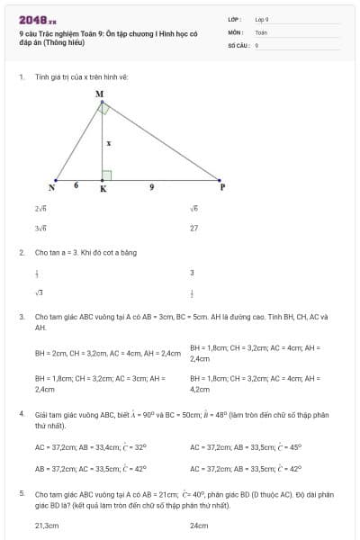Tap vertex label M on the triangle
[x=99, y=94]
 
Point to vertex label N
[x=51, y=188]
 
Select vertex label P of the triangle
[x=222, y=187]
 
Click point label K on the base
[x=103, y=189]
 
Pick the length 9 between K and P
[x=152, y=185]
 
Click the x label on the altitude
[x=108, y=142]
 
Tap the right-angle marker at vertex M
[x=104, y=108]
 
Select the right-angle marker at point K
[x=106, y=175]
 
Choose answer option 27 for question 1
[x=193, y=228]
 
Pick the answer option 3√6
[x=40, y=228]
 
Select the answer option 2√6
[x=40, y=208]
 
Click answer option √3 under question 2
[x=39, y=292]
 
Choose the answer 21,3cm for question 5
[x=46, y=525]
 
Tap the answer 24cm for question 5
[x=199, y=525]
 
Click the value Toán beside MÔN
[x=261, y=31]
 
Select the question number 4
[x=22, y=413]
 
